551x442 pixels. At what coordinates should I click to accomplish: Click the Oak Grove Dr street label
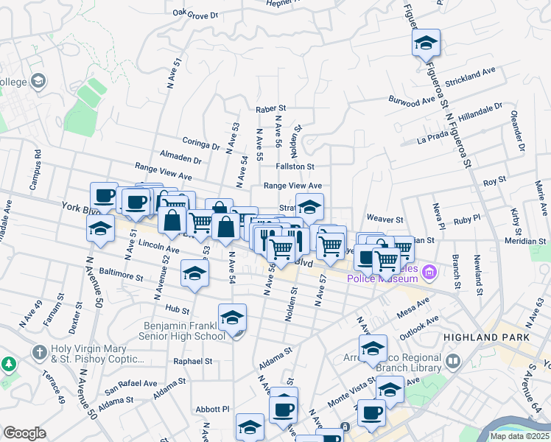coord(196,13)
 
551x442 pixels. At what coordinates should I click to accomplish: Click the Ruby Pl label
coord(467,220)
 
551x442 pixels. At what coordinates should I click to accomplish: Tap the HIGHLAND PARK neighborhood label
coord(486,337)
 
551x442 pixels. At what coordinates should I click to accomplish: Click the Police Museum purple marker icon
coord(432,276)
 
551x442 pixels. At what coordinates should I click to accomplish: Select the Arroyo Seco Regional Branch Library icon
coord(452,362)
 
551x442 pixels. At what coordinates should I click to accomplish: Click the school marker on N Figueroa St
coord(426,43)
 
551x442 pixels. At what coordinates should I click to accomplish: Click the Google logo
coord(25,433)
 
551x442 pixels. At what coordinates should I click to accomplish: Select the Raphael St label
coord(192,362)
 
